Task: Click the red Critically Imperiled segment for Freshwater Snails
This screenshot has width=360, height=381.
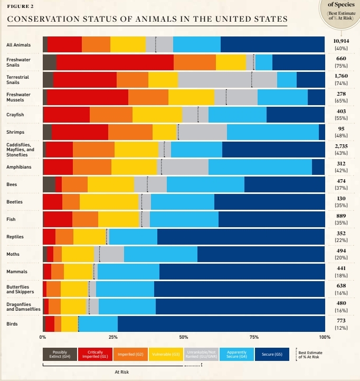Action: point(115,62)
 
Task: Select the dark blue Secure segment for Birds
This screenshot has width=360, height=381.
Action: point(221,323)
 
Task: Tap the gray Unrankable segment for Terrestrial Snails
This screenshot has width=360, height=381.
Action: point(228,80)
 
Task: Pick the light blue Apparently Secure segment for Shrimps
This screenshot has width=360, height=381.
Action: point(272,132)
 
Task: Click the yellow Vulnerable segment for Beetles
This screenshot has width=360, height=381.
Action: point(109,202)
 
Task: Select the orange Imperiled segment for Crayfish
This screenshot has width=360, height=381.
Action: point(111,115)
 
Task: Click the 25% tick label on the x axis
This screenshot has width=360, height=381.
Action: point(113,337)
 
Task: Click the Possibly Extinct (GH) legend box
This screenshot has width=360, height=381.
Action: point(60,354)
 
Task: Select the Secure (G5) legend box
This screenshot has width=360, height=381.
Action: point(272,354)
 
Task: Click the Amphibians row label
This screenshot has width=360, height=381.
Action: point(18,167)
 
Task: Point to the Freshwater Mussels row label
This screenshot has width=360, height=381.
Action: point(18,97)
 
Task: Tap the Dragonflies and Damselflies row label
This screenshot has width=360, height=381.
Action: point(23,306)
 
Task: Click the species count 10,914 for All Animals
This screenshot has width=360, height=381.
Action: point(341,41)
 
